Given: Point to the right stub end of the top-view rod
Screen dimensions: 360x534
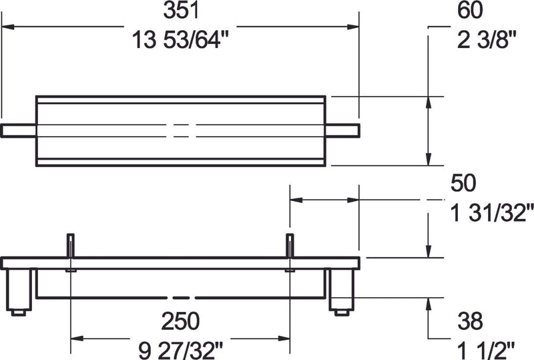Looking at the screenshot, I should [x=343, y=130].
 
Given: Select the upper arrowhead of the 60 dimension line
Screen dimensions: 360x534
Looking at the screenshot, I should [x=428, y=102].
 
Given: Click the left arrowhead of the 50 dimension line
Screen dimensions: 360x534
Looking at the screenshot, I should [x=295, y=199].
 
